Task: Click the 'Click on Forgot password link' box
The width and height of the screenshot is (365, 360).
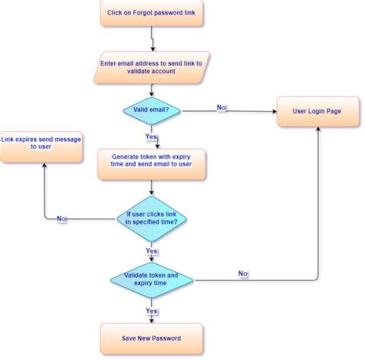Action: pyautogui.click(x=152, y=13)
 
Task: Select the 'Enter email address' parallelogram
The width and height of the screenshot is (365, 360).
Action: pyautogui.click(x=152, y=67)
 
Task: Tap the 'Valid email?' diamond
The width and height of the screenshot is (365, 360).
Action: pyautogui.click(x=152, y=109)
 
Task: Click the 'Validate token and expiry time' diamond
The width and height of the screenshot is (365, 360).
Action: pyautogui.click(x=152, y=279)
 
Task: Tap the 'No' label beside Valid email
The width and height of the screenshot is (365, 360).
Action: pyautogui.click(x=222, y=107)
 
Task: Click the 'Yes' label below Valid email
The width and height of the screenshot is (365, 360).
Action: pyautogui.click(x=152, y=136)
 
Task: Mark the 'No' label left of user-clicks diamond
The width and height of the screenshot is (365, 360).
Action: pyautogui.click(x=62, y=219)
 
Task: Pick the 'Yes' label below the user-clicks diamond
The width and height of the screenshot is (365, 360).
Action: pyautogui.click(x=152, y=251)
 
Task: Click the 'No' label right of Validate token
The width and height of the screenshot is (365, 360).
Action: pyautogui.click(x=243, y=274)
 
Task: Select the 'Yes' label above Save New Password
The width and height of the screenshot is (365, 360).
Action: pyautogui.click(x=152, y=311)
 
